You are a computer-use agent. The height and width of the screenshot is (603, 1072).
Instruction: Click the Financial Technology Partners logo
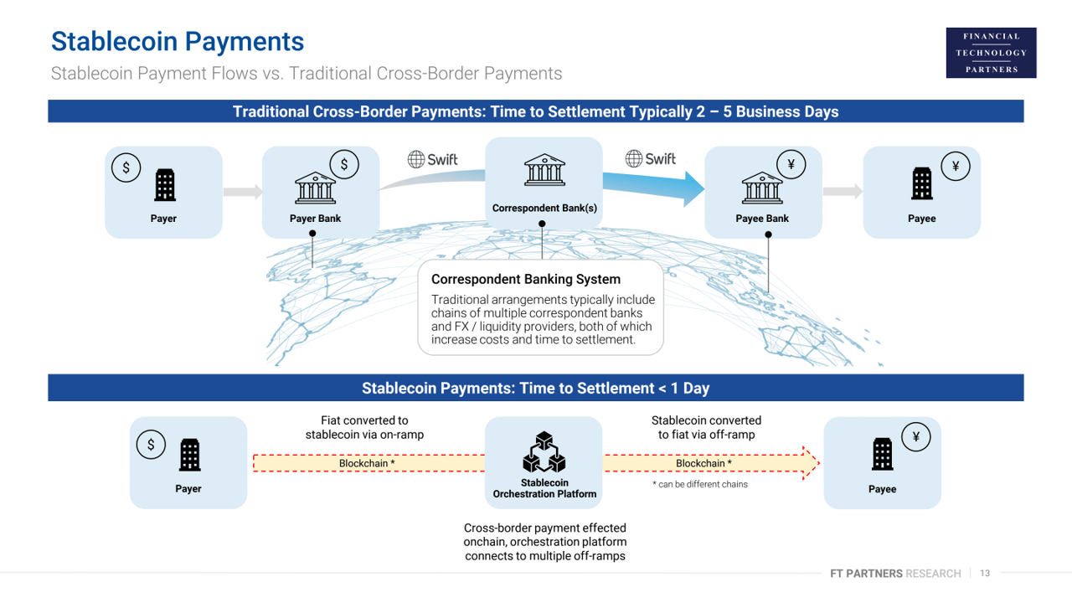click(x=991, y=53)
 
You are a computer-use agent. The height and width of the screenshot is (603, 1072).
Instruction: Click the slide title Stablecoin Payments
click(x=177, y=41)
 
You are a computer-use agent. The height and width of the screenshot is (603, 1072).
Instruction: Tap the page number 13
click(x=985, y=574)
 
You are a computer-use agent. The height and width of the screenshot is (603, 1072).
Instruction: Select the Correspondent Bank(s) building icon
click(x=544, y=171)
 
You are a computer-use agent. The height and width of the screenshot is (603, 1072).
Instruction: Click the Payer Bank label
click(x=315, y=219)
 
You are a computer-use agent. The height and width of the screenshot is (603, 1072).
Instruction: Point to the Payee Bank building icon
click(x=762, y=188)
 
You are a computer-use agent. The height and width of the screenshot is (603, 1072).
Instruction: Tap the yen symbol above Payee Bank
click(x=791, y=165)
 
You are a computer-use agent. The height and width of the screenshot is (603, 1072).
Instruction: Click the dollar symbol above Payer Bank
click(x=343, y=165)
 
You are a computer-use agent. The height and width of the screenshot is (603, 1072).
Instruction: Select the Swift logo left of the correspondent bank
click(x=432, y=159)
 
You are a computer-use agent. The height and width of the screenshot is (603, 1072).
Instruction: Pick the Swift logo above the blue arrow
click(x=651, y=158)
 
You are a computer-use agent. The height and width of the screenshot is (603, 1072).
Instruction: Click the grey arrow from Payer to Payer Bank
click(x=243, y=192)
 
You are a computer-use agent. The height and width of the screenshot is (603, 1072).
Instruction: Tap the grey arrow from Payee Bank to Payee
click(x=843, y=192)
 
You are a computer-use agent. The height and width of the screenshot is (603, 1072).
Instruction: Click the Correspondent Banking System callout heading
click(x=526, y=279)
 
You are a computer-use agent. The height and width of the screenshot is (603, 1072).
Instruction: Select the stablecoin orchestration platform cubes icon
click(x=544, y=452)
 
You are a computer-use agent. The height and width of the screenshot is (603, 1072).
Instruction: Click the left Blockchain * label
click(x=367, y=463)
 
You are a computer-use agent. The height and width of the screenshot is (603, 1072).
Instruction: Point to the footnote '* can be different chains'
click(x=700, y=484)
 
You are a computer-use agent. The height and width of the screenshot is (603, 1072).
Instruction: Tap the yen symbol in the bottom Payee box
click(x=916, y=437)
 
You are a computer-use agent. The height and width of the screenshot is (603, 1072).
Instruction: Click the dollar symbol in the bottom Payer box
click(x=151, y=445)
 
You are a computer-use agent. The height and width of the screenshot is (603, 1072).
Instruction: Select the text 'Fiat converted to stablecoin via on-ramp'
click(x=364, y=427)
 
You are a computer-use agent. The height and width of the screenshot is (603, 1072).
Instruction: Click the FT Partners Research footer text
click(x=895, y=574)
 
